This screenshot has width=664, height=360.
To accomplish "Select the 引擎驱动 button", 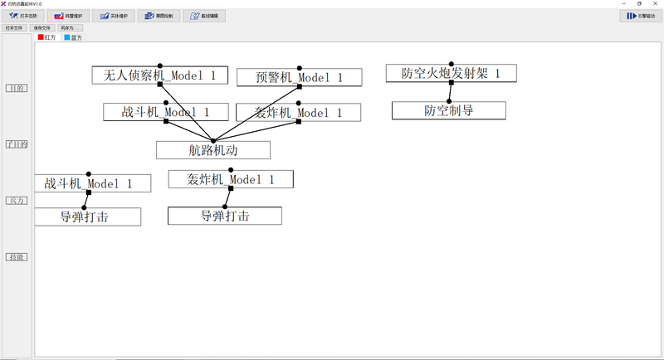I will (x=638, y=16).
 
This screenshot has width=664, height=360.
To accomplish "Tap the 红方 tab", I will (x=46, y=37).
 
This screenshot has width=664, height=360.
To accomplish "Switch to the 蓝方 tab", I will (x=73, y=37).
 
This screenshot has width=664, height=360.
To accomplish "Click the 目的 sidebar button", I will (x=17, y=88).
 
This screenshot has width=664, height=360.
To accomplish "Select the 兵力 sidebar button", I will (x=17, y=201).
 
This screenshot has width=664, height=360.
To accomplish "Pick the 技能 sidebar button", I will (x=17, y=257).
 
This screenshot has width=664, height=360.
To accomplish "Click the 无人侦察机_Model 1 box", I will (x=159, y=75).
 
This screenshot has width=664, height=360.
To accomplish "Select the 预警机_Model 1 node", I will (x=299, y=78).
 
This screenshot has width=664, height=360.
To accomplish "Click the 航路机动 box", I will (x=213, y=150).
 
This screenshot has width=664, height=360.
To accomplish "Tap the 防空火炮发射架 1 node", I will (x=452, y=74).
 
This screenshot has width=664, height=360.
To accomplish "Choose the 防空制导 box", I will (x=448, y=110).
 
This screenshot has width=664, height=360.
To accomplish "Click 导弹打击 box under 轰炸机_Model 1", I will (x=224, y=216).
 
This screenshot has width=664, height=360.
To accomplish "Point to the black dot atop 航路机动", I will (x=213, y=141).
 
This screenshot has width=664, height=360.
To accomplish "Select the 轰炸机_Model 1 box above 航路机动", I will (x=298, y=113).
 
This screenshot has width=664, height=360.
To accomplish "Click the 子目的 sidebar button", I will (x=17, y=144).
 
